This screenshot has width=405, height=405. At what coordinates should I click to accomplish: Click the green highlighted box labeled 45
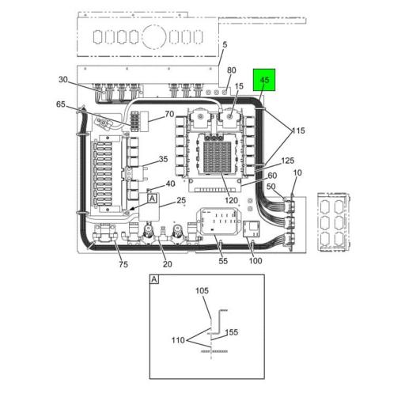click(x=264, y=80)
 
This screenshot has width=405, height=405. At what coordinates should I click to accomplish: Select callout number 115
click(x=298, y=131)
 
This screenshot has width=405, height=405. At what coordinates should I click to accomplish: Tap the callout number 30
click(x=63, y=79)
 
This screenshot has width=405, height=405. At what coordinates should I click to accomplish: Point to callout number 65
click(x=61, y=104)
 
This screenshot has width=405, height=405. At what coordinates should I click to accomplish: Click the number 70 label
click(x=169, y=114)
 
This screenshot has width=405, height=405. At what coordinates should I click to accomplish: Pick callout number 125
click(x=288, y=161)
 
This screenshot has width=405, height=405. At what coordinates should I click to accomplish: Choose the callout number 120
click(x=231, y=200)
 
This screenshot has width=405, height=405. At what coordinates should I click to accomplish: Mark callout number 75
click(x=123, y=264)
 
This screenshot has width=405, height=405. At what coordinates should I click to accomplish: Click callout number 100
click(x=255, y=261)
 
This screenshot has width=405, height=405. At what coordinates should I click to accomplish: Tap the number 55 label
click(x=223, y=261)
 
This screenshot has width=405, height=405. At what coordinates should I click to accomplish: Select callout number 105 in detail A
click(x=202, y=290)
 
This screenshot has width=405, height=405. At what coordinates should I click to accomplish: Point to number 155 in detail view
click(x=232, y=332)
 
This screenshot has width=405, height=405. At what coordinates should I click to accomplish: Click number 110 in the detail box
click(x=178, y=340)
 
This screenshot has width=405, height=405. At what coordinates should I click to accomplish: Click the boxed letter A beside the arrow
click(x=152, y=199)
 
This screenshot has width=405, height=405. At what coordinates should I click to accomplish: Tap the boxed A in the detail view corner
click(x=154, y=279)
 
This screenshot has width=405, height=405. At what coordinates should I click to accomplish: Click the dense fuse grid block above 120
click(x=218, y=156)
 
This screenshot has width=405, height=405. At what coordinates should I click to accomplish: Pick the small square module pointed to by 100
click(x=251, y=229)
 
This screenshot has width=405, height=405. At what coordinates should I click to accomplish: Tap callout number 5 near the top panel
click(x=225, y=45)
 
